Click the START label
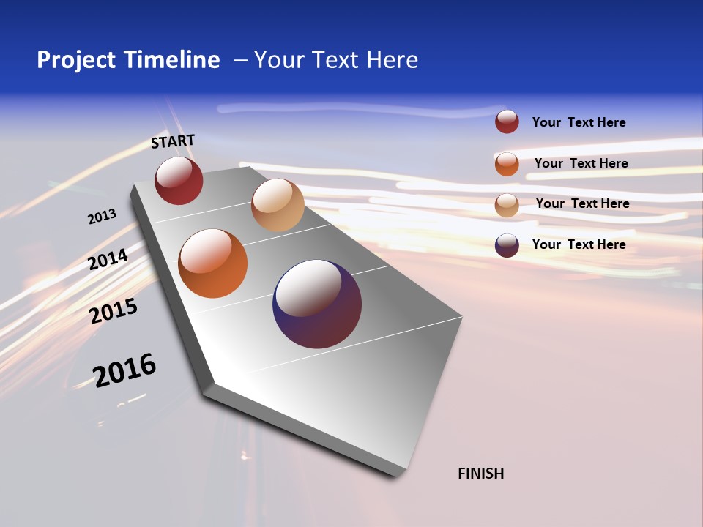coord(173,141)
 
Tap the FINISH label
coord(481,474)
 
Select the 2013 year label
coord(102,217)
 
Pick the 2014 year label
coord(108,260)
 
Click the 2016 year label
coord(124,370)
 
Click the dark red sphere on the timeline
coord(179,181)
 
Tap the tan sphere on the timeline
coord(278,205)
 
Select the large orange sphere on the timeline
coord(213,263)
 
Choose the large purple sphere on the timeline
coord(317,304)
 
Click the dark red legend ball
coord(507,122)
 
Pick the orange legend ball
coord(507,164)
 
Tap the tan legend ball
coord(507,204)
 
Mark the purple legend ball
coord(507,245)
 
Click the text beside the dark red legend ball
coord(579,122)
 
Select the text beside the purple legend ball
coord(579,244)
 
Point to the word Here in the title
coord(392,60)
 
